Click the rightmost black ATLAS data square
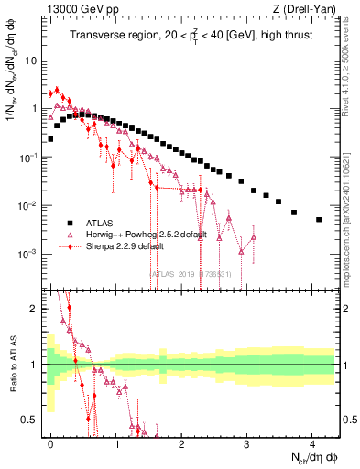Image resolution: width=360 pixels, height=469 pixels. point(319,220)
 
